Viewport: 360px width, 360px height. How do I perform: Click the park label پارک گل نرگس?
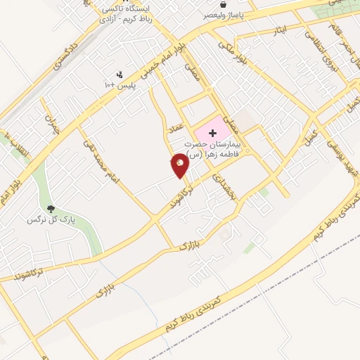pyautogui.click(x=51, y=219)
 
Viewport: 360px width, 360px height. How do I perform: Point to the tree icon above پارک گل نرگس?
pyautogui.click(x=51, y=208)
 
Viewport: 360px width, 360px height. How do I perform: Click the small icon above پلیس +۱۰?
pyautogui.click(x=120, y=74)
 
